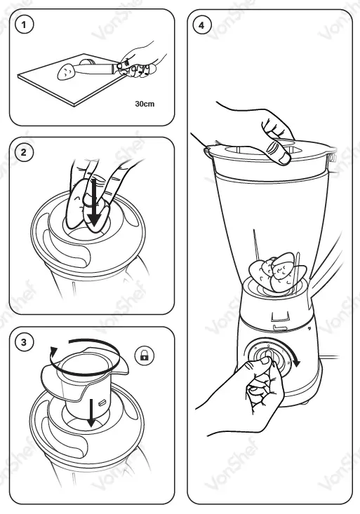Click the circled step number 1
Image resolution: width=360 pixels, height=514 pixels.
[x=24, y=25]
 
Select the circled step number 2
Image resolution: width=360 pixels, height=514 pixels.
[x=24, y=152]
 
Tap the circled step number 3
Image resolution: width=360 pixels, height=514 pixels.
[x=24, y=343]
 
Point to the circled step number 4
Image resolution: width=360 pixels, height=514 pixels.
[x=201, y=25]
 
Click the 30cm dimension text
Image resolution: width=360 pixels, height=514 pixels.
[x=145, y=104]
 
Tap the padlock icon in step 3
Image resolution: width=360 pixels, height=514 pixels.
[x=145, y=355]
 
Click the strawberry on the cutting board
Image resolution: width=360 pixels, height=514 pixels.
[x=66, y=72]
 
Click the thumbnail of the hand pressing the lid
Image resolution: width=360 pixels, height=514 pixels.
[x=284, y=158]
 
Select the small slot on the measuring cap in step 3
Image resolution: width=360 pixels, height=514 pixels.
[x=102, y=402]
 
